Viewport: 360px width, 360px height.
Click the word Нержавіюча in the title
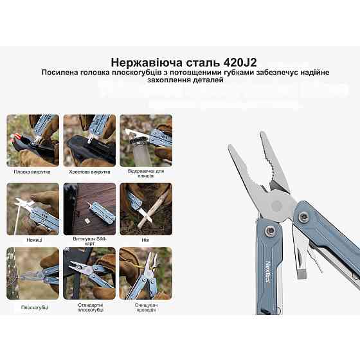click(x=142, y=62)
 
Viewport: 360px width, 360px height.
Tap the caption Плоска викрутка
click(x=32, y=172)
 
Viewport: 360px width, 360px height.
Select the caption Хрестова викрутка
click(x=89, y=172)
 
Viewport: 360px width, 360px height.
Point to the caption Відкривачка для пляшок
click(x=146, y=174)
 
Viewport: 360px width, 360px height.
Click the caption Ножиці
click(x=34, y=239)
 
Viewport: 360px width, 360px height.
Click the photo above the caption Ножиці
click(x=33, y=208)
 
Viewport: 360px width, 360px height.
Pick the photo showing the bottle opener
click(x=146, y=139)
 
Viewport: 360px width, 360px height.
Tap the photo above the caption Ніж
click(x=146, y=208)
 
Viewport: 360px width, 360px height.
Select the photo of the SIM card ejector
click(x=89, y=208)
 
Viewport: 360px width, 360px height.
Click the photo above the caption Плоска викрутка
click(x=33, y=139)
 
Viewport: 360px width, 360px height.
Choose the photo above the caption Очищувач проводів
click(x=146, y=273)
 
